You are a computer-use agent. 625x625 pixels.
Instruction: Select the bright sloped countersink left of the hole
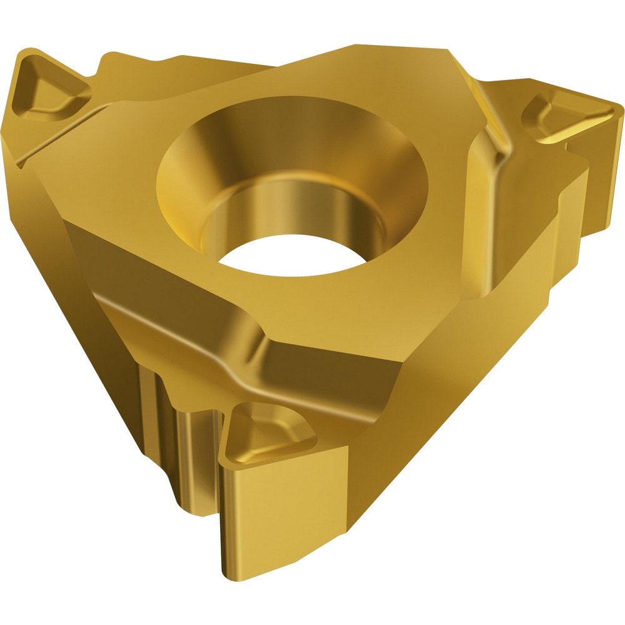tap(181, 187)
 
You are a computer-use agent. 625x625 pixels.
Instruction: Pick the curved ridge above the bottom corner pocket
tap(250, 350)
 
